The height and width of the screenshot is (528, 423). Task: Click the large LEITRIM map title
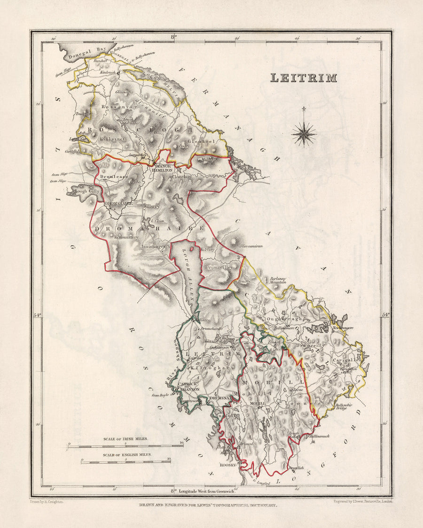(x=303, y=78)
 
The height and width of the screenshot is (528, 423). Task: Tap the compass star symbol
(x=304, y=134)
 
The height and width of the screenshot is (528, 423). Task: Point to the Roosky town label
(x=227, y=465)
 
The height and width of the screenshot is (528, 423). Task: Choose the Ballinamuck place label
(x=320, y=436)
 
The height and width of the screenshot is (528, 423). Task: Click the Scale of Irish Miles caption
(x=125, y=438)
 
